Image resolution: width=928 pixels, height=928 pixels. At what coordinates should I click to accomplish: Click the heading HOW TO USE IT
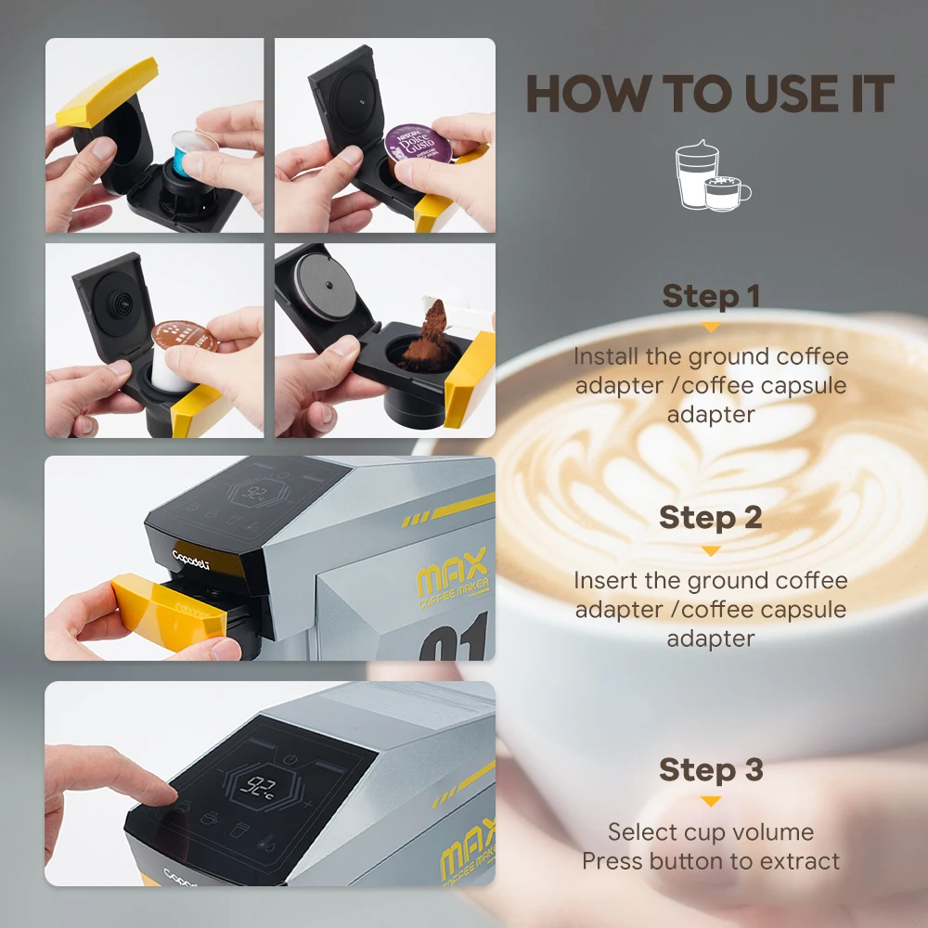click(x=710, y=94)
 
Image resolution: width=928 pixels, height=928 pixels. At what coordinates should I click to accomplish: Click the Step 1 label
click(x=711, y=297)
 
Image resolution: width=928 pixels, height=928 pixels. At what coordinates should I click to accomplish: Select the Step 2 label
click(x=711, y=518)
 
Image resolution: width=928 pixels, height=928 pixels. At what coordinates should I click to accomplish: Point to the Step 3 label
click(x=711, y=769)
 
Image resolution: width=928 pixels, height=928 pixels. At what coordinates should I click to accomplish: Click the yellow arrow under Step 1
click(x=711, y=327)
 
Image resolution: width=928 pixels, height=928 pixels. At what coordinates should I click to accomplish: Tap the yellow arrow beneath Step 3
click(x=711, y=801)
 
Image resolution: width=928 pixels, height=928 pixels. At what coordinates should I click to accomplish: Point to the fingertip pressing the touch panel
click(x=163, y=793)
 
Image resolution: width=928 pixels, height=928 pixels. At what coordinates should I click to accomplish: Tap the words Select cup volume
click(x=711, y=831)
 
